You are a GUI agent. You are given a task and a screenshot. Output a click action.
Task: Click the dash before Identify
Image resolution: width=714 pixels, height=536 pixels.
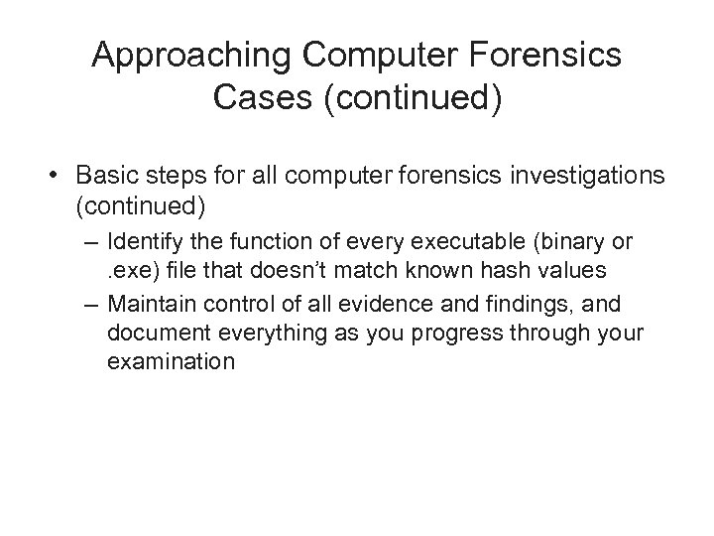pyautogui.click(x=95, y=241)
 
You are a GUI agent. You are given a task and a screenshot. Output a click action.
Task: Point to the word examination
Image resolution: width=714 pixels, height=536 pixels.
pyautogui.click(x=171, y=360)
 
